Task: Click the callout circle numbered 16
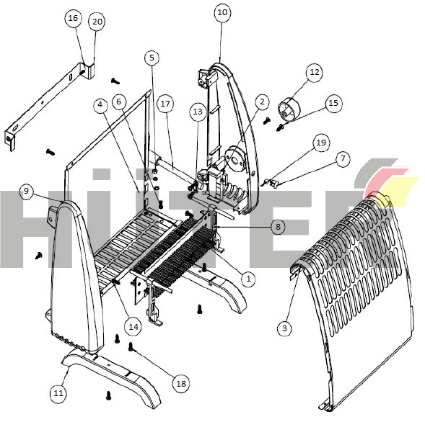(73, 18)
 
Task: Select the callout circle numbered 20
(97, 22)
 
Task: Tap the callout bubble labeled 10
(222, 12)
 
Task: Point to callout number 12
(315, 72)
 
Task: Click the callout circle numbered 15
(333, 103)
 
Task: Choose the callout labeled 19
(321, 143)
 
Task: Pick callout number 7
(343, 158)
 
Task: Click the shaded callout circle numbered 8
(278, 227)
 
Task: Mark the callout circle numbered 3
(284, 328)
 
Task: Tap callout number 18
(181, 384)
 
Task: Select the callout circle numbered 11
(58, 393)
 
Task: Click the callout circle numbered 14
(133, 326)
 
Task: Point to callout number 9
(26, 191)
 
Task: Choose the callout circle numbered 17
(165, 104)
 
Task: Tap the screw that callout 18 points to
(131, 346)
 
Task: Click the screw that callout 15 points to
(281, 127)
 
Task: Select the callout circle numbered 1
(248, 279)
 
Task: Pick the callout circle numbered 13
(198, 112)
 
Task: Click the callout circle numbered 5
(152, 58)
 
